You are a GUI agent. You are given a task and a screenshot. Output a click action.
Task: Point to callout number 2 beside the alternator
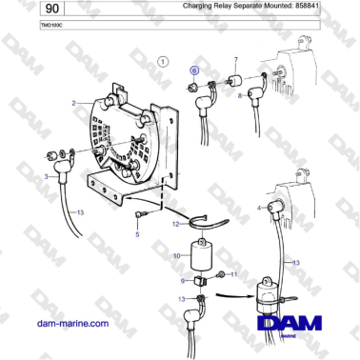pos(73,102)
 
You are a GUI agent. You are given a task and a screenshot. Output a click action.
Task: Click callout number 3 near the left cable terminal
pos(46,177)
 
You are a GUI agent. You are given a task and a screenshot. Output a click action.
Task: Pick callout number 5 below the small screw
pos(137,233)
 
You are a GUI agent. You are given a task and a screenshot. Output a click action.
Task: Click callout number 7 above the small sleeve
pos(236,61)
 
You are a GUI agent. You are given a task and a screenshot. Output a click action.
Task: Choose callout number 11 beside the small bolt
pos(234,274)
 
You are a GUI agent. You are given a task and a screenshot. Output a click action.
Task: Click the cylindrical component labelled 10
pos(201,255)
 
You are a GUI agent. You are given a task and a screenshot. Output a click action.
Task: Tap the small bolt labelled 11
pos(221,274)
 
